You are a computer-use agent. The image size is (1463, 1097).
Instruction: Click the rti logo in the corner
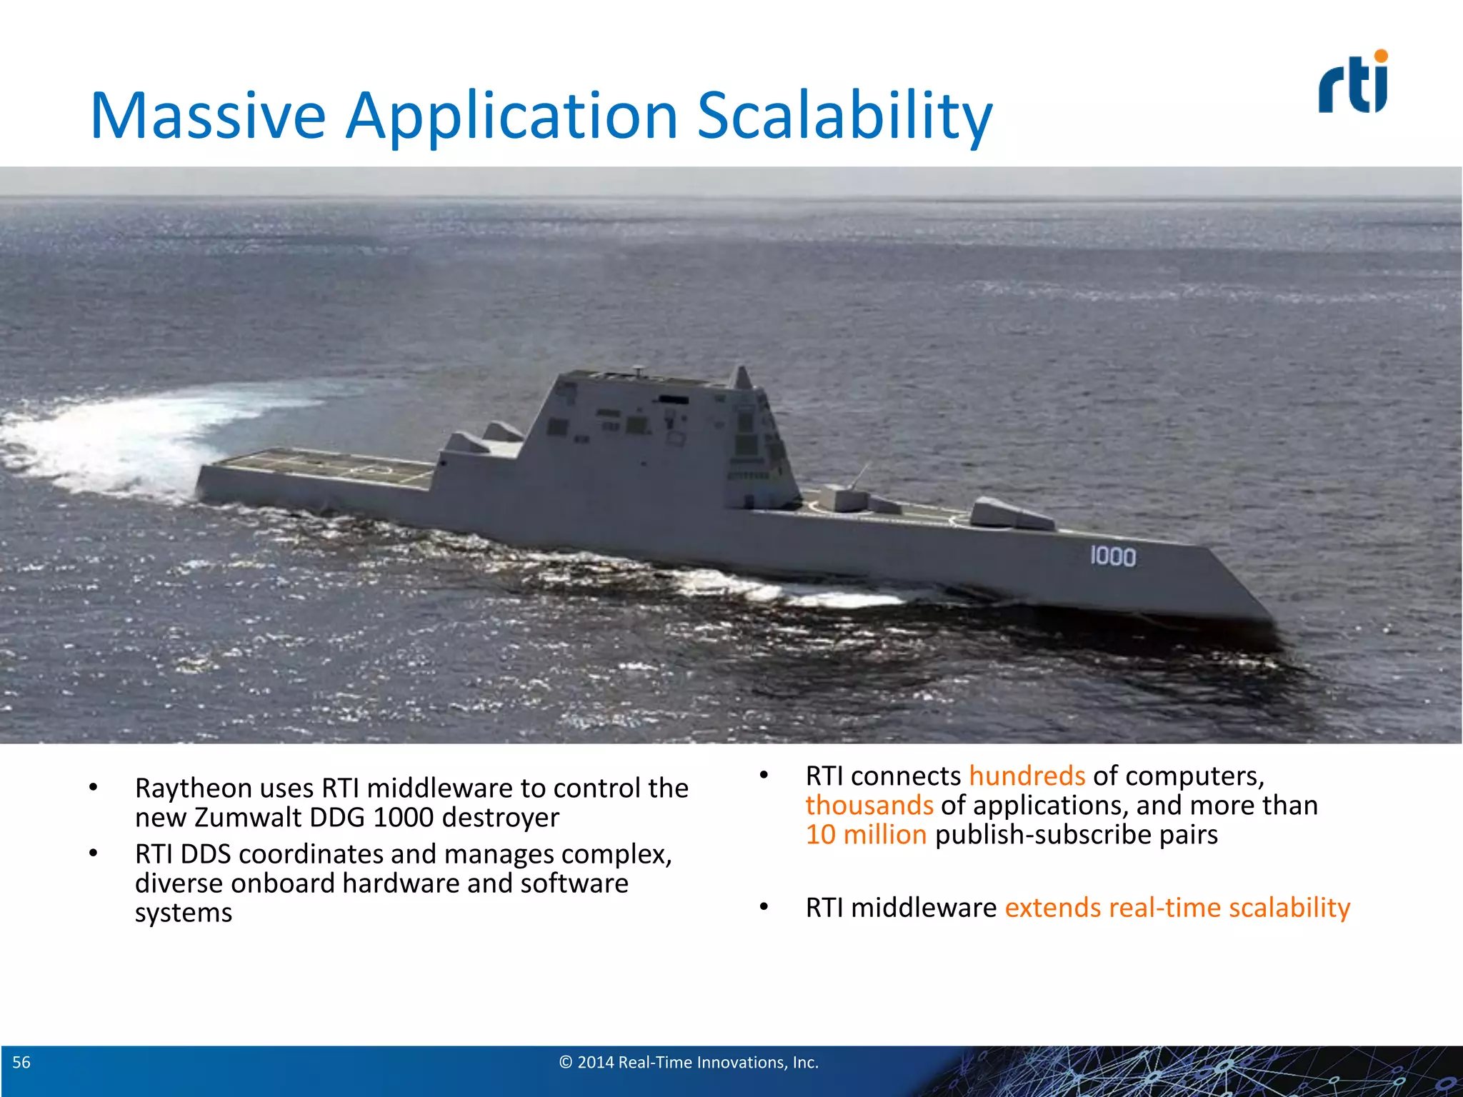pos(1353,84)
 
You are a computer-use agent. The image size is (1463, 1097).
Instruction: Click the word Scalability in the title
pos(844,116)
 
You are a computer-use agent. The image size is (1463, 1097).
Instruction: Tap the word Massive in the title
pos(208,116)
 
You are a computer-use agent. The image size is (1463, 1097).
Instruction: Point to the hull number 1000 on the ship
pos(1112,556)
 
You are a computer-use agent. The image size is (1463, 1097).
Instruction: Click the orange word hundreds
pos(1027,776)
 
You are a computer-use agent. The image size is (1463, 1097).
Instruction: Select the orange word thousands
pos(869,806)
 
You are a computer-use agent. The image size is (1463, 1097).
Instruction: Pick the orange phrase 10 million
pos(866,835)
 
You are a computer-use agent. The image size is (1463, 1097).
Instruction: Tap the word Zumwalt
pos(247,818)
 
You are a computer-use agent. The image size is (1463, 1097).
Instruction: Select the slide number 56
pos(21,1063)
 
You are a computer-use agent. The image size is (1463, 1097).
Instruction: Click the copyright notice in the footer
pos(689,1063)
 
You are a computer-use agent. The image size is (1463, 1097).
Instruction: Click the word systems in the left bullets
pos(184,913)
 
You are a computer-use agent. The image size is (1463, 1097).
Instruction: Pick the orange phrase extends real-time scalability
pos(1177,908)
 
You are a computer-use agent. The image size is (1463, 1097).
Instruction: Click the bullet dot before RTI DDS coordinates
pos(93,853)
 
